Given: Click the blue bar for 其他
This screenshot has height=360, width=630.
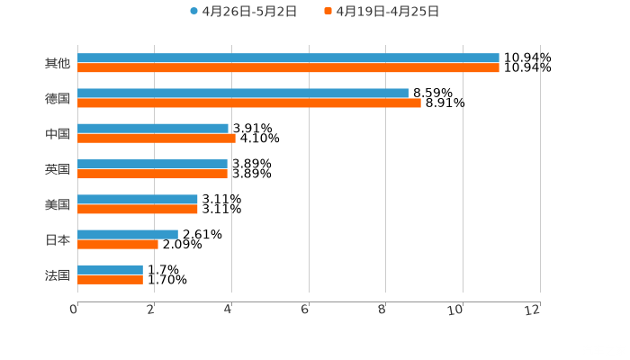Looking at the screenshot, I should coord(288,58).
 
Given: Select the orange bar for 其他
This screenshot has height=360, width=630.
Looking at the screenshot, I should coord(288,67).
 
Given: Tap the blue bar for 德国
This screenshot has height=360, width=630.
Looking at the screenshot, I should coord(243,93).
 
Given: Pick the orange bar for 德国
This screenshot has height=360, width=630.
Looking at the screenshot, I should coord(249,103).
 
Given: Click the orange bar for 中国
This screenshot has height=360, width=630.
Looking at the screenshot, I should coord(157,138).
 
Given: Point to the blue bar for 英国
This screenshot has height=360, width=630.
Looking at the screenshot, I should coord(152,164).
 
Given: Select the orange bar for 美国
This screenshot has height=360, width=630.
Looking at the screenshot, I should coord(138,209).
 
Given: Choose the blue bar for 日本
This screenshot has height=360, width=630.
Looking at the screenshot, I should coord(128,234).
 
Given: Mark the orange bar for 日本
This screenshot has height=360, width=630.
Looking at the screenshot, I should coord(118,244).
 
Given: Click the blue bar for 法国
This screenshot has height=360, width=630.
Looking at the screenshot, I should coord(110,269).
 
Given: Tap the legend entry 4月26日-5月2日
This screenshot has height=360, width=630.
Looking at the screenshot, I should coord(243,12).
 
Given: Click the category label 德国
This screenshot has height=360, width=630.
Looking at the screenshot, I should coord(58,98).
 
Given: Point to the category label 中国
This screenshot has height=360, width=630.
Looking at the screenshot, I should coord(58,133).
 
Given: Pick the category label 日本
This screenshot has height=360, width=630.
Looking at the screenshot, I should coord(58,239).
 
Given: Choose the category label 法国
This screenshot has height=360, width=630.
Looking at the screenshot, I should coord(58,274).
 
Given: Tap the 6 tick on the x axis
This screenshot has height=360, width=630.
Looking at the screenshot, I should coord(306,310).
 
